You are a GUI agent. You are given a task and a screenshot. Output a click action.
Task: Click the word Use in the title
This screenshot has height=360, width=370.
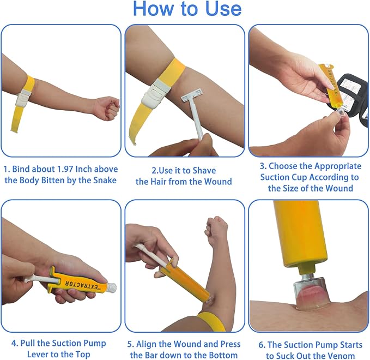[223, 9]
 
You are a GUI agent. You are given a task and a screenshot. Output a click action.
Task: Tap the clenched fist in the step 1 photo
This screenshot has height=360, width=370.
[110, 108]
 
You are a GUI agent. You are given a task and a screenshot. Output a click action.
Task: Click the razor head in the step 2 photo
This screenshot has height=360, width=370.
[192, 95]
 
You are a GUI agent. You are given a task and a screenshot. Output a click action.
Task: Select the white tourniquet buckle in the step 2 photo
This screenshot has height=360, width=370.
[156, 93]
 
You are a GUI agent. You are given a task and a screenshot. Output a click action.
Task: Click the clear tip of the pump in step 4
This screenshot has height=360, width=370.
[111, 287]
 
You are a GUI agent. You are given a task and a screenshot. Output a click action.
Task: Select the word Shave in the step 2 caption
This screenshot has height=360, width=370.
[204, 171]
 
